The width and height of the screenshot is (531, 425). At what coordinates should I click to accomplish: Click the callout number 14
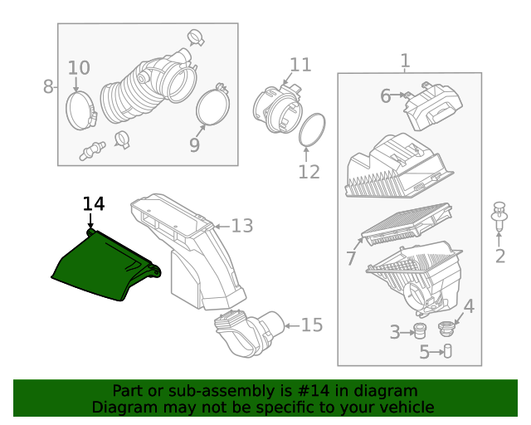[x=94, y=203]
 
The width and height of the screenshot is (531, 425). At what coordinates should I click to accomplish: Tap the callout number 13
[x=241, y=225]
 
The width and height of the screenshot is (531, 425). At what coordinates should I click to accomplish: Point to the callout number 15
[x=311, y=325]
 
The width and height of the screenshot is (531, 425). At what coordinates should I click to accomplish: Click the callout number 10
[x=79, y=67]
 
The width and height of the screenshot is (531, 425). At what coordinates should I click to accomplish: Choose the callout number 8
[x=48, y=85]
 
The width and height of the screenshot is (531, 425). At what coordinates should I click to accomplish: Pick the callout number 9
[x=195, y=145]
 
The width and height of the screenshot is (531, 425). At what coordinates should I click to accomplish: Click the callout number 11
[x=300, y=65]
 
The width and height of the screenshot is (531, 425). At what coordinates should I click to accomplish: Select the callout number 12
[x=309, y=172]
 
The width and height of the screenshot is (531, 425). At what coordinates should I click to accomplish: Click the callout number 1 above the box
[x=405, y=61]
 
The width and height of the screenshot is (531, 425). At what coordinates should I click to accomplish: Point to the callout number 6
[x=385, y=96]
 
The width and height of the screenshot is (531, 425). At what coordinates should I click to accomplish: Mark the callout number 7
[x=351, y=259]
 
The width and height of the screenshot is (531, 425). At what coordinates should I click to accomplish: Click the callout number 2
[x=499, y=256]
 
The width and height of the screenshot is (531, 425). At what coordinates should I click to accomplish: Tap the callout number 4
[x=469, y=307]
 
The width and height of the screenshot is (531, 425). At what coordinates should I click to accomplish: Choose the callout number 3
[x=395, y=333]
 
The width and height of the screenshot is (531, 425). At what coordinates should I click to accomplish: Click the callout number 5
[x=425, y=352]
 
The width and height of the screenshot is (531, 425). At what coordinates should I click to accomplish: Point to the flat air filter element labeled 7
[x=407, y=227]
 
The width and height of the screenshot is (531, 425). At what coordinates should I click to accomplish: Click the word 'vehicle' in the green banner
[x=404, y=408]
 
